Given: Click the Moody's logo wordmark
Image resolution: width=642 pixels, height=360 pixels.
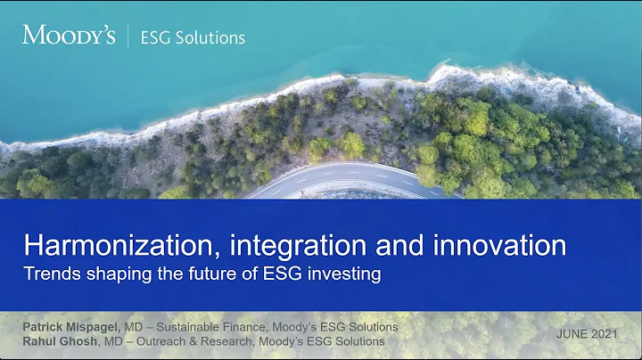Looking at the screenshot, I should (68, 37).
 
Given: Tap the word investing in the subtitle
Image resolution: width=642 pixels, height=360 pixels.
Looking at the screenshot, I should (347, 274).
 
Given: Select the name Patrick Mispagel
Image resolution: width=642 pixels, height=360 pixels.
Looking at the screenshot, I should (72, 327).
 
